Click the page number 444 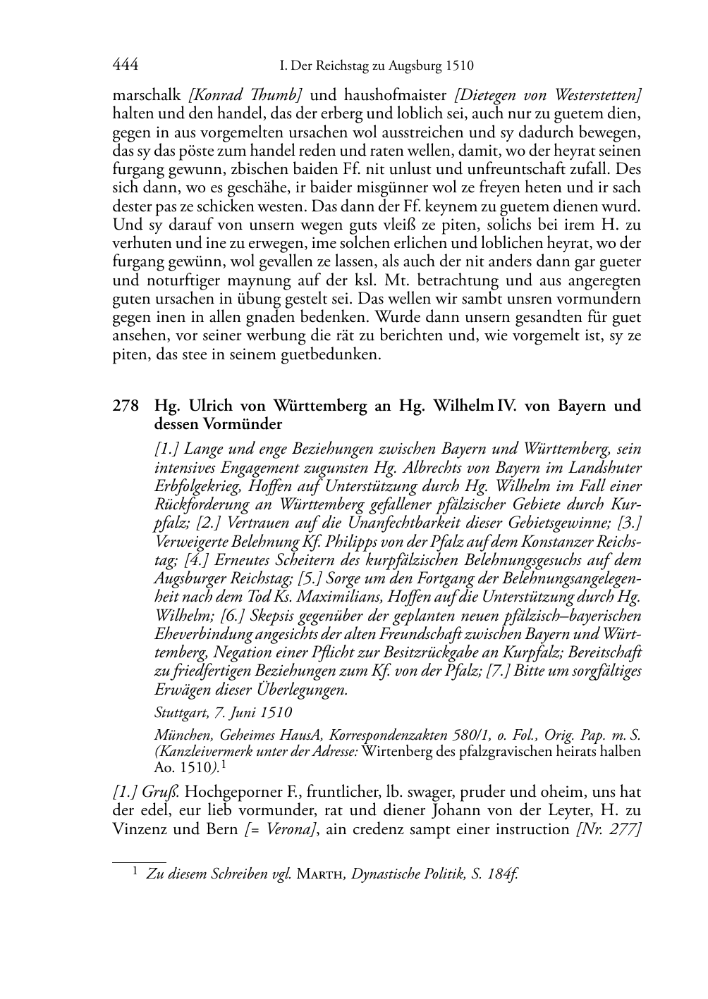[x=125, y=66]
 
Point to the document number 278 [x=124, y=406]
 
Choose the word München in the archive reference [x=181, y=736]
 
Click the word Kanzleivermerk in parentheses [x=205, y=751]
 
